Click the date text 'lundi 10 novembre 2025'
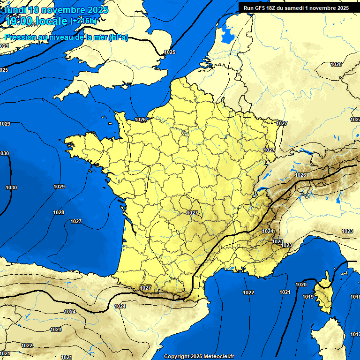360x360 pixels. click(x=56, y=10)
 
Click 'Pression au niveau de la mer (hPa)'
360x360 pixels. click(x=66, y=37)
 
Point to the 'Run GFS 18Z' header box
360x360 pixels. click(x=296, y=7)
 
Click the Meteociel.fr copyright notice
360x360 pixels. click(x=199, y=356)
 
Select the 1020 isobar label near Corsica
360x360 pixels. click(x=301, y=285)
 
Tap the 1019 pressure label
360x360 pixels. click(x=307, y=297)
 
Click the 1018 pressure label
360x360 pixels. click(x=355, y=297)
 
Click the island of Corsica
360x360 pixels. click(x=324, y=293)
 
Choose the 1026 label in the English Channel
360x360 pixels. click(x=140, y=120)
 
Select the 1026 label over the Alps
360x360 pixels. click(x=300, y=175)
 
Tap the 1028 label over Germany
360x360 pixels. click(x=336, y=64)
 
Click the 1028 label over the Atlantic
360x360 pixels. click(x=58, y=212)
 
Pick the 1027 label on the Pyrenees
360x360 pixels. click(x=145, y=287)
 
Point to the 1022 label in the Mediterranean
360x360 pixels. click(x=248, y=292)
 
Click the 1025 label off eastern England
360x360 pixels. click(x=170, y=52)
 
